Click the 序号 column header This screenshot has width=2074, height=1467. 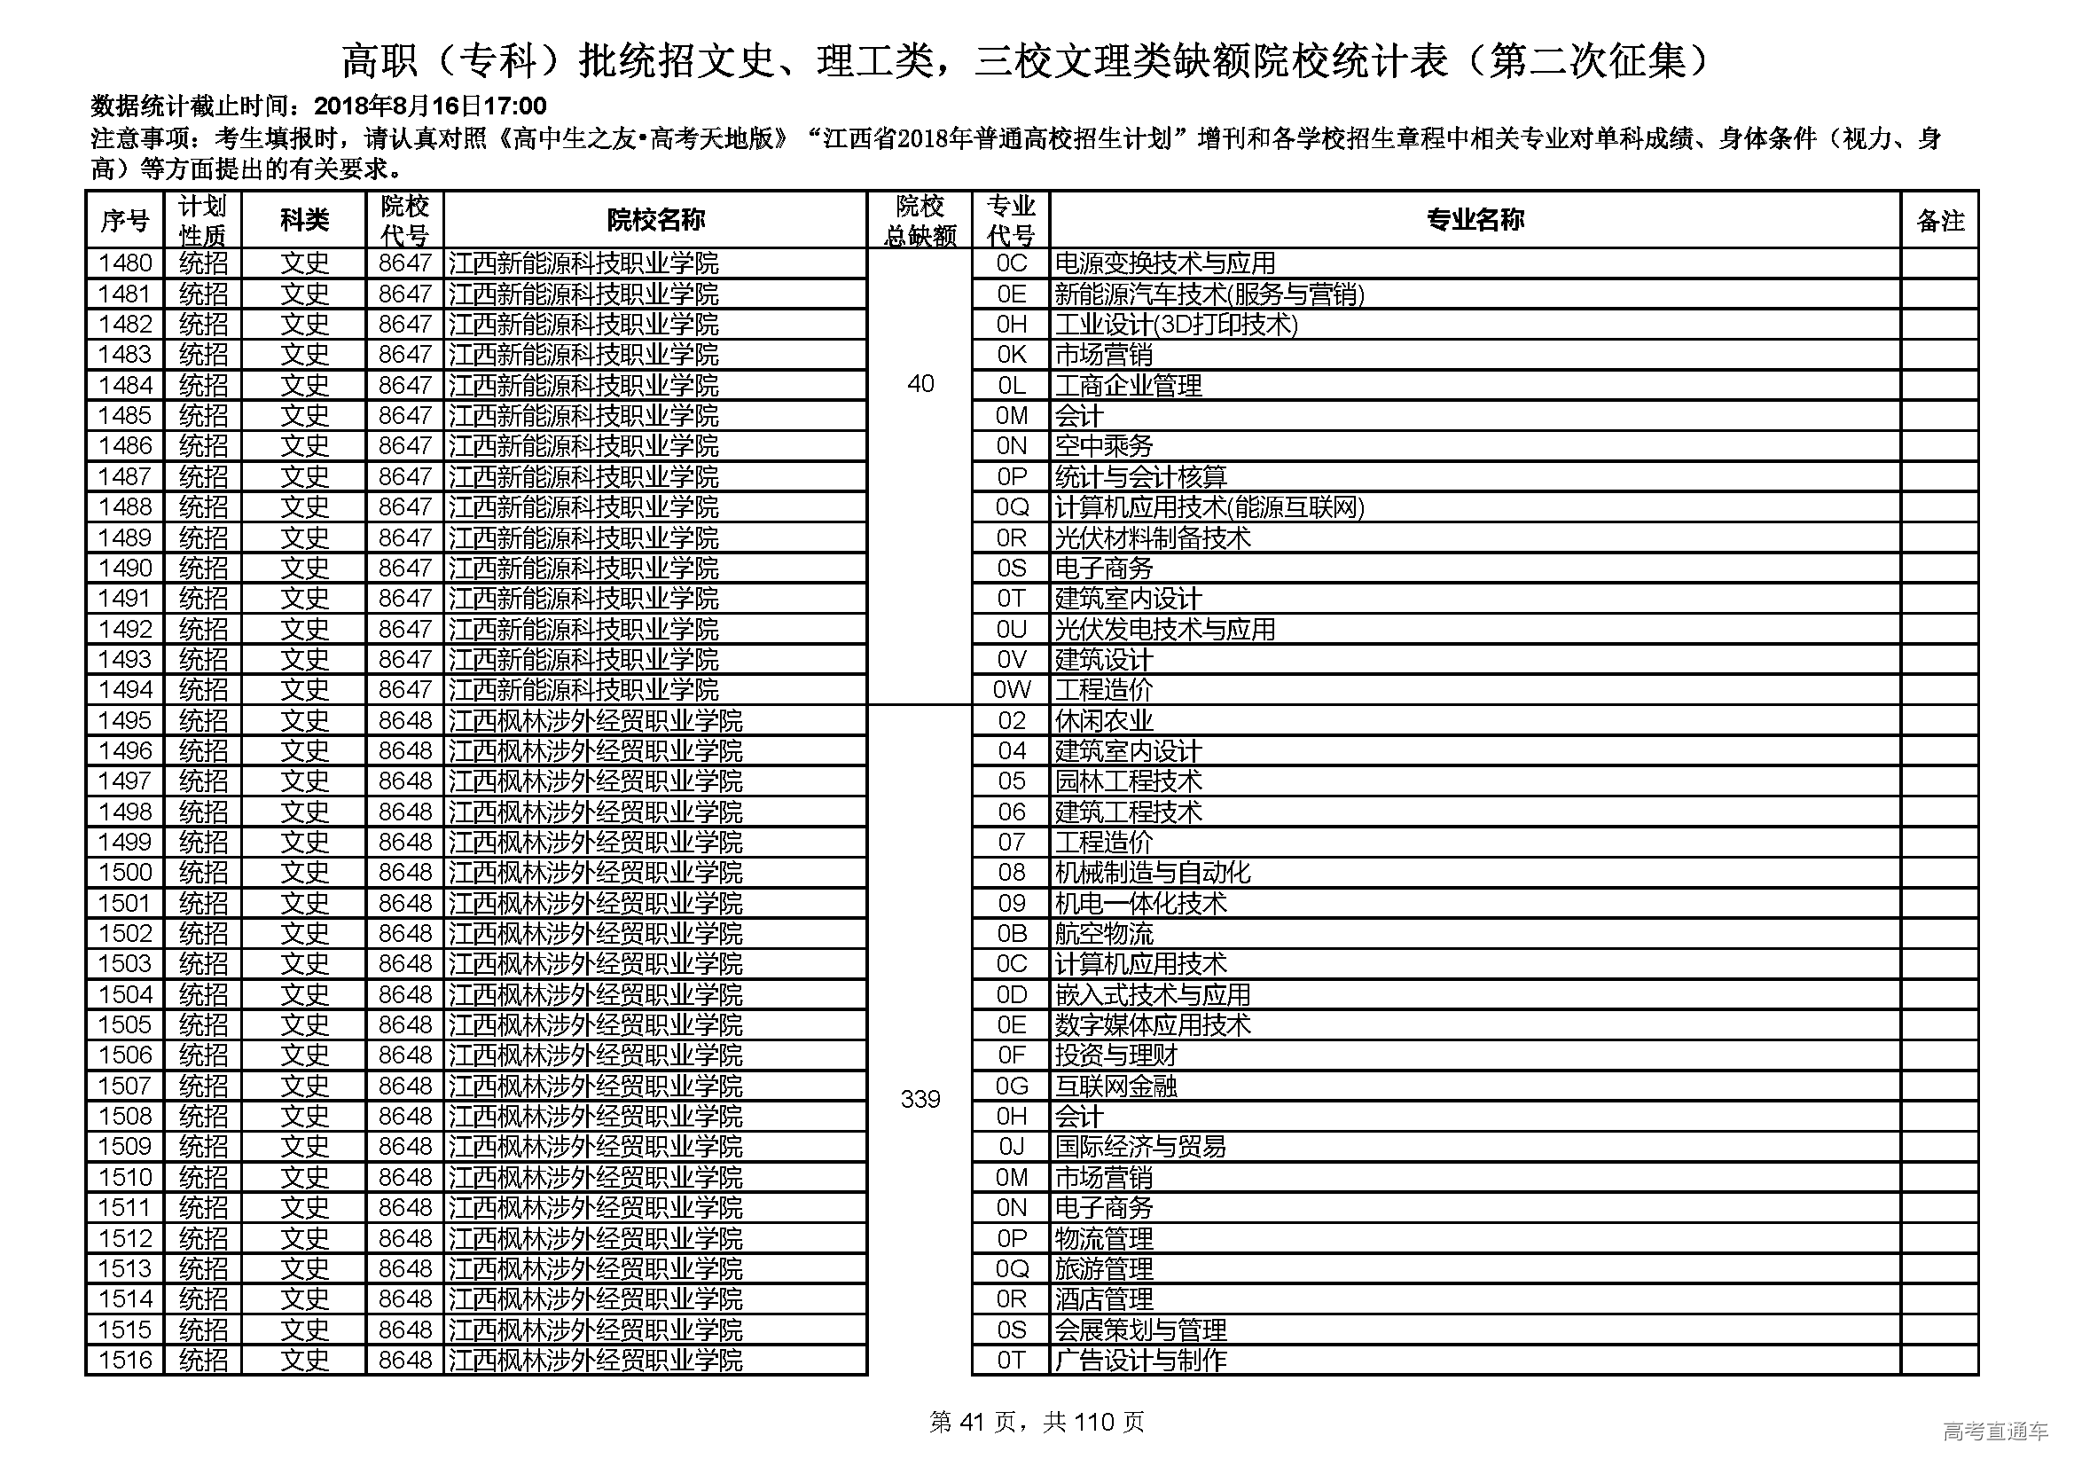tap(125, 219)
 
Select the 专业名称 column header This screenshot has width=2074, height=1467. tap(1475, 219)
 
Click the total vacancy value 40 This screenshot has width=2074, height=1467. tap(920, 384)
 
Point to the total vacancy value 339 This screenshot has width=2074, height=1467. tap(920, 1099)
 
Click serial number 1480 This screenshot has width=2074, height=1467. tap(125, 263)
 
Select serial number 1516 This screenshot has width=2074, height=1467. tap(125, 1360)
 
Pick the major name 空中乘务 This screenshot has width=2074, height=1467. tap(1104, 446)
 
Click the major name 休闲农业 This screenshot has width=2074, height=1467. tap(1104, 721)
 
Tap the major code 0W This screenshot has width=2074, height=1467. tap(1011, 690)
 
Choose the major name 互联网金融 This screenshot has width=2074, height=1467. tap(1115, 1086)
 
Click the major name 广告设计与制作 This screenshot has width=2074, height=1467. tap(1140, 1360)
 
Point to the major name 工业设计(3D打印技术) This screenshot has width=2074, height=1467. tap(1175, 325)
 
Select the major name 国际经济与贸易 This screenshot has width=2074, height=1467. tap(1140, 1146)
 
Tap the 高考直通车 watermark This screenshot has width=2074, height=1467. tap(1994, 1431)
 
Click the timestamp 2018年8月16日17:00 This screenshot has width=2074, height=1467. tap(431, 106)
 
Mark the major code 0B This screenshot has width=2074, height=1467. tap(1011, 933)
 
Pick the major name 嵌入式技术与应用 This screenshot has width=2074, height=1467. tap(1153, 994)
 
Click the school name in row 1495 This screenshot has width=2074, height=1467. tap(595, 721)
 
